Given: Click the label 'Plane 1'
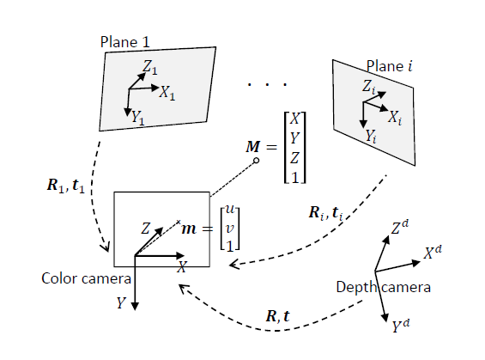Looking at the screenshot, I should pyautogui.click(x=125, y=41).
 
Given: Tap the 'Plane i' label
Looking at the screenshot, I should pyautogui.click(x=389, y=66).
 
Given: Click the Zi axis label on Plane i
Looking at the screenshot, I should pyautogui.click(x=368, y=87).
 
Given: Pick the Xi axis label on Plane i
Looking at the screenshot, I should pyautogui.click(x=394, y=116).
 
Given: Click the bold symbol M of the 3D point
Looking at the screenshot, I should pyautogui.click(x=253, y=148).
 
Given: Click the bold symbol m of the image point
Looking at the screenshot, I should pyautogui.click(x=191, y=229).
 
